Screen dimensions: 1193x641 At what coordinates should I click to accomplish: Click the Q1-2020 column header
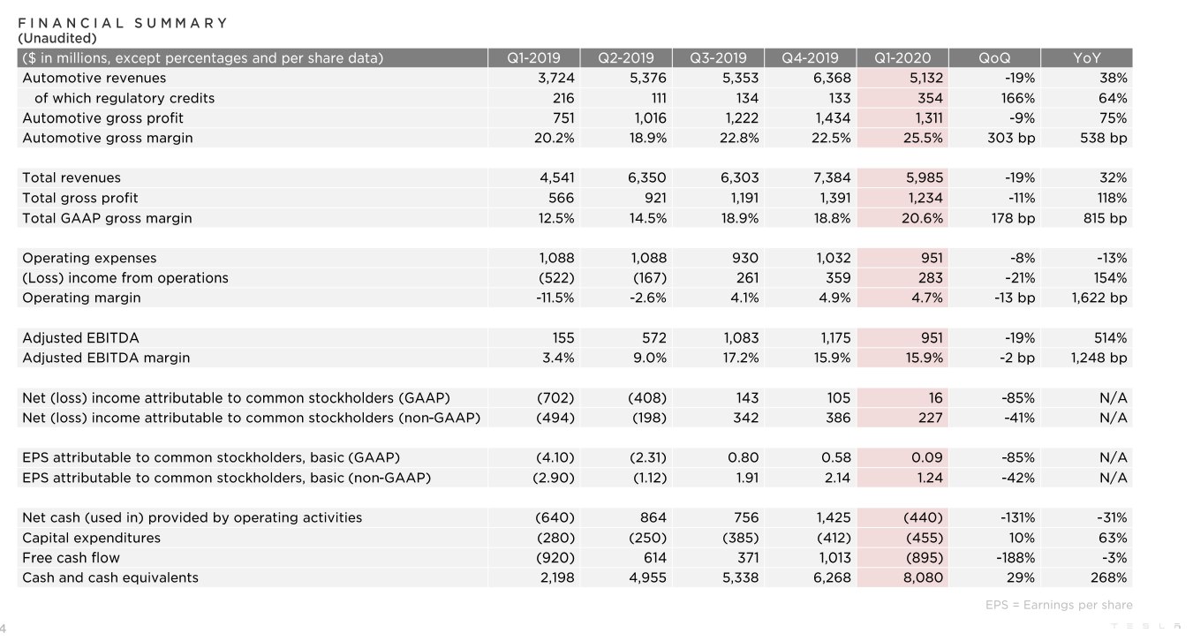[902, 57]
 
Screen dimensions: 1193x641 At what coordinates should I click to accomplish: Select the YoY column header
[1086, 57]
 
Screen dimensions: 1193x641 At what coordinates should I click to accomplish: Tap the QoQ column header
[994, 57]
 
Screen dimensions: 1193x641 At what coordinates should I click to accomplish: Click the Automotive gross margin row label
[108, 138]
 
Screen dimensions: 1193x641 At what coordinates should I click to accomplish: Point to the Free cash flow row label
[71, 557]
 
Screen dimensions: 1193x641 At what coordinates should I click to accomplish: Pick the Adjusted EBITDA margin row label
[106, 358]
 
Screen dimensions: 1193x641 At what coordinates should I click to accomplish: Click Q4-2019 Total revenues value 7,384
[832, 177]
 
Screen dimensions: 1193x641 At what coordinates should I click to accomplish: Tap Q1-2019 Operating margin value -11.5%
[555, 298]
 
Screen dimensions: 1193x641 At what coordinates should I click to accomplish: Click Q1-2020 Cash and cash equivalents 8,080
[923, 577]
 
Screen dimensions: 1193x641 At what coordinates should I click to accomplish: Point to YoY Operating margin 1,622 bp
[1099, 298]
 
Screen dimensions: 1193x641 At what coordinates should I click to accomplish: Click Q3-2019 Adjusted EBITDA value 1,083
[741, 337]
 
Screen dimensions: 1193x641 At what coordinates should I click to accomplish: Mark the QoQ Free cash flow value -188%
[1016, 557]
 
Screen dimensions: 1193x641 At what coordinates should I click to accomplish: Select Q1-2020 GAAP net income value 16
[935, 397]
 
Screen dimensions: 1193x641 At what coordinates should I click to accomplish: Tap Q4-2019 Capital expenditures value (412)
[834, 538]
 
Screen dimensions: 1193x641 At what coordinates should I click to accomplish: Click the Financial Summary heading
[123, 23]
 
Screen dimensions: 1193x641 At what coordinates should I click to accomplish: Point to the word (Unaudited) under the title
[57, 38]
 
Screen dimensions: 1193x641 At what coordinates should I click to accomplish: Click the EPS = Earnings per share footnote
[1059, 605]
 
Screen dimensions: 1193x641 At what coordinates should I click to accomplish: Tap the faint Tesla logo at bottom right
[1146, 626]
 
